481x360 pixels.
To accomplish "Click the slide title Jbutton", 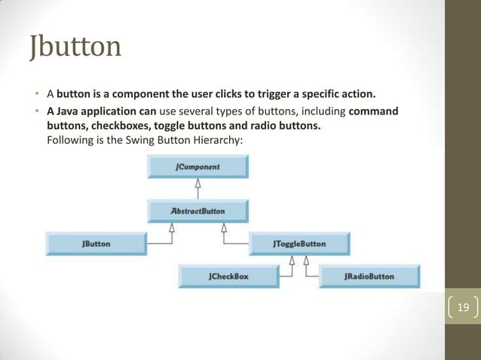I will [75, 47].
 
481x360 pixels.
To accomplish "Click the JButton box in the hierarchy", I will [96, 244].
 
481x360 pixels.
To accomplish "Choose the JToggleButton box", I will [299, 244].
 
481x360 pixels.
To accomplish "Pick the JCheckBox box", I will [228, 276].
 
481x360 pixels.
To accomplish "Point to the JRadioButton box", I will [368, 276].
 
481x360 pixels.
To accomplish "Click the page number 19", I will [463, 307].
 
